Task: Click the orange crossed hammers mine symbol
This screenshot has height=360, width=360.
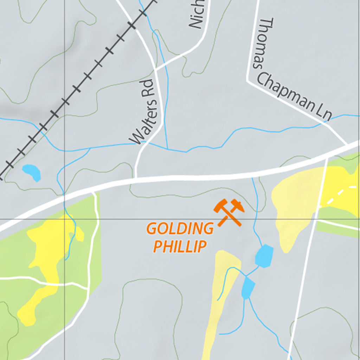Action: pyautogui.click(x=229, y=212)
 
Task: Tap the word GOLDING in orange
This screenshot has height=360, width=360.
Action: pyautogui.click(x=180, y=229)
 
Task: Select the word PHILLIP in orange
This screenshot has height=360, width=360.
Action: pyautogui.click(x=180, y=246)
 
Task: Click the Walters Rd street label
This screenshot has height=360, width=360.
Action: pyautogui.click(x=142, y=112)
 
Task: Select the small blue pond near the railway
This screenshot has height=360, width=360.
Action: pyautogui.click(x=32, y=172)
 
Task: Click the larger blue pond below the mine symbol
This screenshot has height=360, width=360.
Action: pyautogui.click(x=264, y=255)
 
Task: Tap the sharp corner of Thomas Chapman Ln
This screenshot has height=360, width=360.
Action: pyautogui.click(x=248, y=81)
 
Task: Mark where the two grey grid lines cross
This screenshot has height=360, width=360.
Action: pyautogui.click(x=64, y=219)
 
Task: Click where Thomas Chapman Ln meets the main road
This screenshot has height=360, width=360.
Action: pyautogui.click(x=347, y=144)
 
